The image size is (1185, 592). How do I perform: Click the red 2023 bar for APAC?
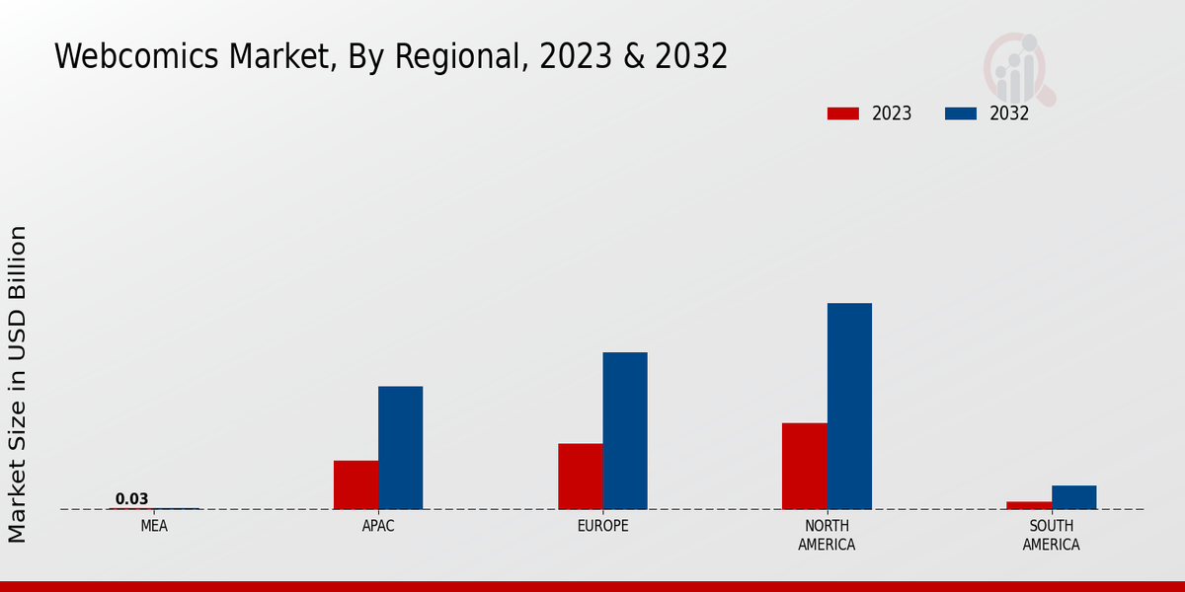pyautogui.click(x=355, y=484)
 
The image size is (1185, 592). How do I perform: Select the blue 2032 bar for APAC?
pyautogui.click(x=400, y=447)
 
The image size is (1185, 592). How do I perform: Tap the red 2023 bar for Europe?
pyautogui.click(x=580, y=476)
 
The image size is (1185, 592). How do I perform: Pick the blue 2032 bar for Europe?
pyautogui.click(x=625, y=430)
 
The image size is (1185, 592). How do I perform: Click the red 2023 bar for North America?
pyautogui.click(x=804, y=466)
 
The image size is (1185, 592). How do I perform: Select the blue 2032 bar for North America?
pyautogui.click(x=849, y=406)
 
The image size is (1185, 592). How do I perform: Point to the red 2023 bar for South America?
pyautogui.click(x=1029, y=505)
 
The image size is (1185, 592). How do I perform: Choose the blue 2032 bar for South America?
pyautogui.click(x=1073, y=497)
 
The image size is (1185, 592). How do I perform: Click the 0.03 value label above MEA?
pyautogui.click(x=131, y=499)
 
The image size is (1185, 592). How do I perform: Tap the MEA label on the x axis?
pyautogui.click(x=154, y=526)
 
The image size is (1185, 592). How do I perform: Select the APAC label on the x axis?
pyautogui.click(x=378, y=526)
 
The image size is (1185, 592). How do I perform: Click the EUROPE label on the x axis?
pyautogui.click(x=602, y=526)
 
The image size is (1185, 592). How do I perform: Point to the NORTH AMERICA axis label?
pyautogui.click(x=827, y=535)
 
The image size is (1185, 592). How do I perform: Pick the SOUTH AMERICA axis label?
pyautogui.click(x=1051, y=535)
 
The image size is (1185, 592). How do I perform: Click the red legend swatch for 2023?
pyautogui.click(x=843, y=113)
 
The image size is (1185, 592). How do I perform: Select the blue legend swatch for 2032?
pyautogui.click(x=961, y=113)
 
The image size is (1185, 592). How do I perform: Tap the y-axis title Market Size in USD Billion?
pyautogui.click(x=18, y=384)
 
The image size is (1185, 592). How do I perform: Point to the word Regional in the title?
pyautogui.click(x=455, y=56)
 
